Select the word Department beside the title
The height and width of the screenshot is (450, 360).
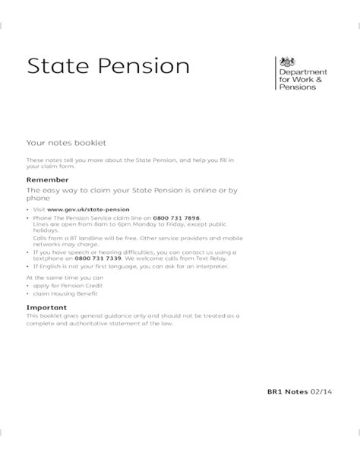coord(312,69)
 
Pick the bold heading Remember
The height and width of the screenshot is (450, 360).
coord(47,179)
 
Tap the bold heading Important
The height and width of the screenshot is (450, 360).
coord(47,306)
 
